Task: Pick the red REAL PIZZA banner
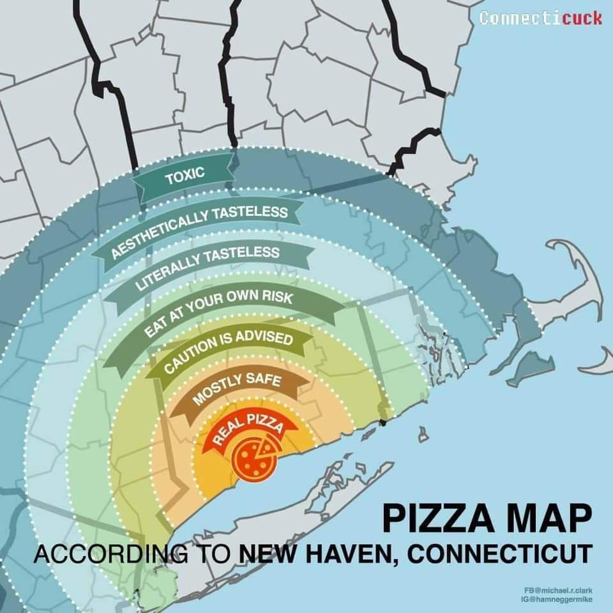pos(246,429)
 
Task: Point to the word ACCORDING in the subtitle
pos(107,553)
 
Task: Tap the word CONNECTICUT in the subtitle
pos(500,553)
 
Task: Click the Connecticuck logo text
pos(540,17)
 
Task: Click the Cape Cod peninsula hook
pos(578,281)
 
